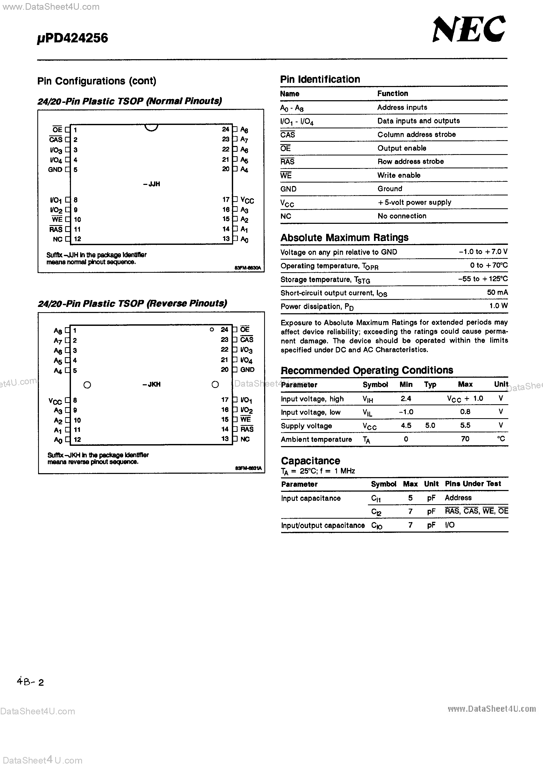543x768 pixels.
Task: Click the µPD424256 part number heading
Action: (x=73, y=38)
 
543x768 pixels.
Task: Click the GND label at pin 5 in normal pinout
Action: (x=55, y=170)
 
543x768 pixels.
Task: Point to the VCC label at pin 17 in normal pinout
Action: (x=247, y=200)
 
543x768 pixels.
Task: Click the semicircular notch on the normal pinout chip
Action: (x=151, y=128)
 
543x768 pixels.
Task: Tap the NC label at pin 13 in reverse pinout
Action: (x=245, y=439)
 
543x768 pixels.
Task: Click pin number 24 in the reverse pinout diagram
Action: (x=224, y=330)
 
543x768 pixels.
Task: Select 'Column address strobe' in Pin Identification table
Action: (x=416, y=134)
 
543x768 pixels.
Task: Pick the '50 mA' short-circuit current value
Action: (x=497, y=292)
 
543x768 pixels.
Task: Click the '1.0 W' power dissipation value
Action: (x=498, y=306)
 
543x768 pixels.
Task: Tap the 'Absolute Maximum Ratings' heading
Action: (x=344, y=238)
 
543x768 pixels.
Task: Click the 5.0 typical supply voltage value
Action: (x=430, y=426)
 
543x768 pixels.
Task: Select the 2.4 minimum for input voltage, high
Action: (x=406, y=398)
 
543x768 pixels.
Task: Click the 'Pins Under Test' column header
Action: (x=473, y=484)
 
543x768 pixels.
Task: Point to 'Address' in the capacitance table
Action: (x=458, y=498)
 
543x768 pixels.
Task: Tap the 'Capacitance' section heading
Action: (x=310, y=461)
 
